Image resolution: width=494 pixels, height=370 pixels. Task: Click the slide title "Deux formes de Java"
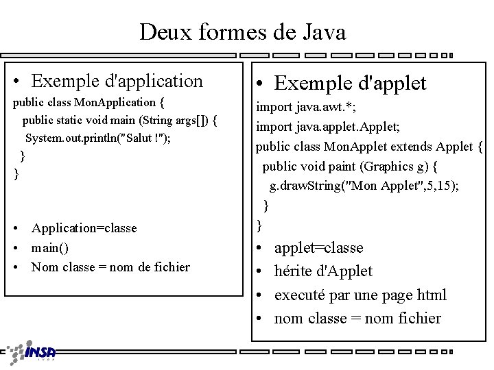242,32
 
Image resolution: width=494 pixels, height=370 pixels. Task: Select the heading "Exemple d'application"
117,81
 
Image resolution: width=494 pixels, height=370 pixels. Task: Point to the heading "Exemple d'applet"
350,83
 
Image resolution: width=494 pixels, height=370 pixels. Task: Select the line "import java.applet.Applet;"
322,126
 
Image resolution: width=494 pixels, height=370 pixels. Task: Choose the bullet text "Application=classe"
84,227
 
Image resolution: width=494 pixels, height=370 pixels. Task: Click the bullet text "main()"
50,247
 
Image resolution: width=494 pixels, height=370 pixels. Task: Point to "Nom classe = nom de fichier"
110,267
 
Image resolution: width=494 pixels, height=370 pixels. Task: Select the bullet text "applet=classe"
318,247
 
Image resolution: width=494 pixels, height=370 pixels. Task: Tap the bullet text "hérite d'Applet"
323,271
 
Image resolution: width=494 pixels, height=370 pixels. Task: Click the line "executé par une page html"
360,295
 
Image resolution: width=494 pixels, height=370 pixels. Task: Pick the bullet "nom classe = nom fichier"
357,318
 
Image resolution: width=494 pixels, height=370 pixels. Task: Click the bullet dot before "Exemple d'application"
18,82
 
